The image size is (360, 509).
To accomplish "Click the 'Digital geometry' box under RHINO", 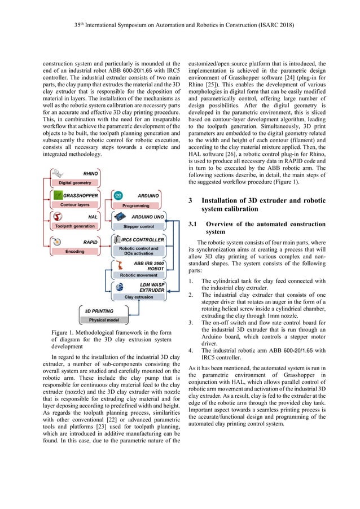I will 74,183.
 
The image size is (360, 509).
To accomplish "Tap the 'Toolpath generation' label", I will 74,226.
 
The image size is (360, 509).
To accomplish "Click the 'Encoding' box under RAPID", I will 74,251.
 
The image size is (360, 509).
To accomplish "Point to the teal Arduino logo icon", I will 118,196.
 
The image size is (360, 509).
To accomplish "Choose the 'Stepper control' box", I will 138,226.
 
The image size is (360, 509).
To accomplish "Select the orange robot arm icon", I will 117,266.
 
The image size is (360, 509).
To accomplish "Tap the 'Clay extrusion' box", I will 138,296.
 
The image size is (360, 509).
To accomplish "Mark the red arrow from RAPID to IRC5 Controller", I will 104,244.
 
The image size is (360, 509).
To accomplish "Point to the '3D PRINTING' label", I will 99,311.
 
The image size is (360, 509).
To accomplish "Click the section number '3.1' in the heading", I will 195,224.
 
